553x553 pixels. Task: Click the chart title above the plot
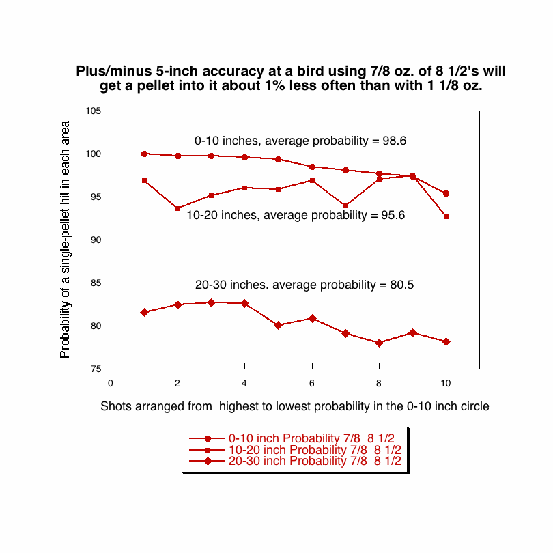click(x=290, y=78)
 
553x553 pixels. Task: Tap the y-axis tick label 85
click(x=94, y=283)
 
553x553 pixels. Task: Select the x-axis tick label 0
click(x=110, y=382)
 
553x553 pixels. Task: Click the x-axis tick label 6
click(x=312, y=382)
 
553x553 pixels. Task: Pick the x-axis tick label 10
click(x=446, y=382)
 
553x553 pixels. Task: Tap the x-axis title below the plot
click(x=295, y=406)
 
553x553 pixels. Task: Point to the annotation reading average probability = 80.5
click(x=304, y=285)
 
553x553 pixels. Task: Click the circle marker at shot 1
click(x=144, y=154)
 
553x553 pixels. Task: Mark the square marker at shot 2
click(x=178, y=208)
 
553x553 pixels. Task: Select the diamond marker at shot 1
click(x=144, y=312)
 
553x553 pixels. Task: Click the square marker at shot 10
click(x=446, y=216)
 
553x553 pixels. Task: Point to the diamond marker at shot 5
click(x=279, y=325)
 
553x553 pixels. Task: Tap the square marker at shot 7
click(x=345, y=205)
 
